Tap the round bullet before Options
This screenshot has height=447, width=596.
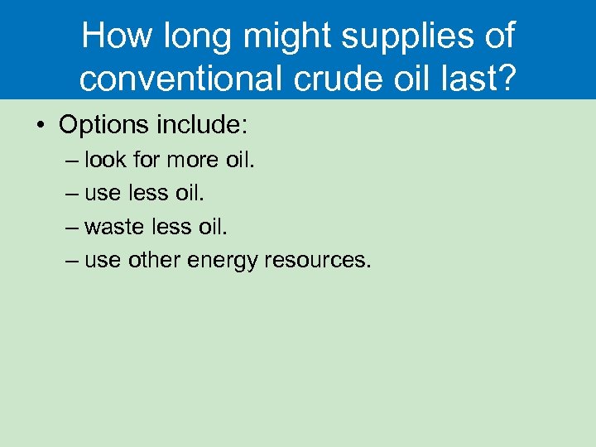(x=40, y=126)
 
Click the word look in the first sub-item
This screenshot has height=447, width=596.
(x=104, y=159)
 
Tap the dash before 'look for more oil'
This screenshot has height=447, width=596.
(x=71, y=160)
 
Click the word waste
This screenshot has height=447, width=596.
(x=113, y=227)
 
